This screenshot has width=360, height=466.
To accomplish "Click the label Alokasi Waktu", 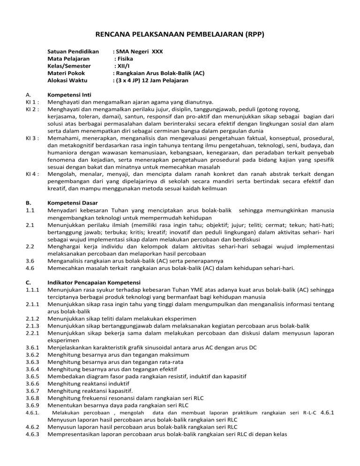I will [67, 81].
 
